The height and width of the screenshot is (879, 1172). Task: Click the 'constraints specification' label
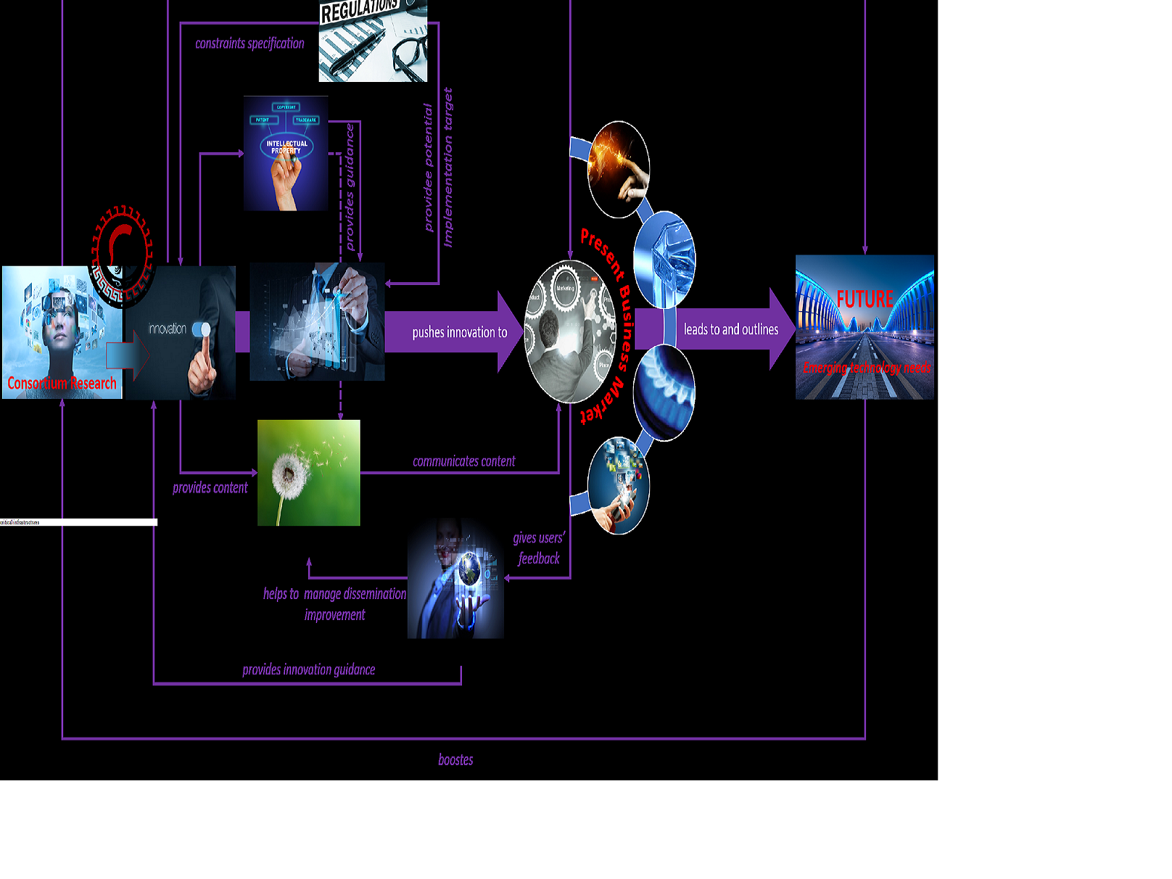pos(249,44)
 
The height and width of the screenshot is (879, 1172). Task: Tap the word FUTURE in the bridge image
pos(864,299)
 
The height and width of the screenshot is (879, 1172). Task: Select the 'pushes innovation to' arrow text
pos(459,332)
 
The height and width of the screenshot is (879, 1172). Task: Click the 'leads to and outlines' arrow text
pos(730,329)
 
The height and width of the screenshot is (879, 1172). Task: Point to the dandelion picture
pos(308,472)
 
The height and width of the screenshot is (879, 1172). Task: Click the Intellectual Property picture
pos(286,153)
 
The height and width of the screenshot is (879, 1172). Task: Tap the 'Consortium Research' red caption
pos(62,383)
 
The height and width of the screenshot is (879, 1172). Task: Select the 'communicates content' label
pos(463,461)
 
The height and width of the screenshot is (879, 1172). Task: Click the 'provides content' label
pos(210,488)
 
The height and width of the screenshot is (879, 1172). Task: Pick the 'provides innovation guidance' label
pos(308,669)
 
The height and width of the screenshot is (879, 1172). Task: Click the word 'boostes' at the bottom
pos(455,760)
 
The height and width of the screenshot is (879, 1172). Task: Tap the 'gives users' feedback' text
pos(539,548)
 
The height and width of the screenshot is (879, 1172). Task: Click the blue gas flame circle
pos(664,392)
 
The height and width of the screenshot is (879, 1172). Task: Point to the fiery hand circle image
pos(618,170)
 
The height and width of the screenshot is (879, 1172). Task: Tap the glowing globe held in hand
pos(469,569)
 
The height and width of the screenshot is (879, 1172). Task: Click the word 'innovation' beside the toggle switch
pos(168,329)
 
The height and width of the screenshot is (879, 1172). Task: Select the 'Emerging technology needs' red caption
pos(866,368)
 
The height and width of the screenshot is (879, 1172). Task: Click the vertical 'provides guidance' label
pos(350,187)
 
